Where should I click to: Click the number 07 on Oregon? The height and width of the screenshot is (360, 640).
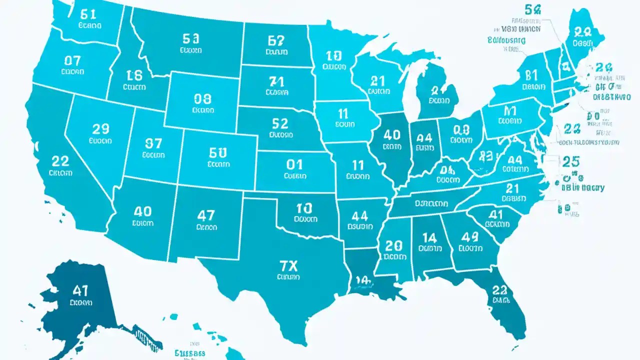[x=72, y=61]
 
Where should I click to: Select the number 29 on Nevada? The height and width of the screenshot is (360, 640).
[x=100, y=129]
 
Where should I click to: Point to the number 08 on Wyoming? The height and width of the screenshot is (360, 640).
[x=202, y=98]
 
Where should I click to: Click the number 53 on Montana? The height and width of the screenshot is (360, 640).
[x=191, y=38]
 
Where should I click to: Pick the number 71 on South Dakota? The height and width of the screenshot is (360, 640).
[x=276, y=81]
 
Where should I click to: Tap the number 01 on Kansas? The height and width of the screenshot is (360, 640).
[x=295, y=164]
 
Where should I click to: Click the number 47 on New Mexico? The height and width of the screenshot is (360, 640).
[x=206, y=215]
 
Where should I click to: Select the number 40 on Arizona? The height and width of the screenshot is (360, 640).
[x=142, y=211]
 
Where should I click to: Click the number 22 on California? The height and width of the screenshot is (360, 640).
[x=60, y=161]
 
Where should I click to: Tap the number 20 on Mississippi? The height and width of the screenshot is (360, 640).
[x=394, y=245]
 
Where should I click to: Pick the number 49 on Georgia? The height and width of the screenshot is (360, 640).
[x=470, y=236]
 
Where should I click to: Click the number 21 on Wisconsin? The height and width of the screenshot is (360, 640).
[x=377, y=80]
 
